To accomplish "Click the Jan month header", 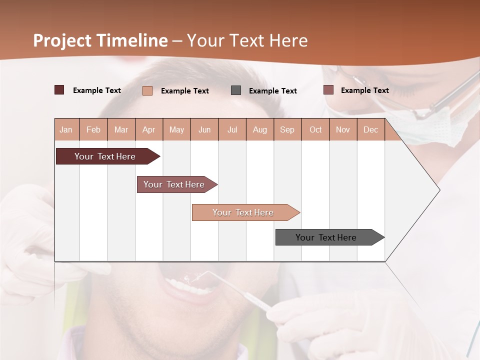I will [66, 129].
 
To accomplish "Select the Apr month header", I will [148, 129].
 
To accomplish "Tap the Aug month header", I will [259, 129].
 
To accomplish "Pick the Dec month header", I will [370, 129].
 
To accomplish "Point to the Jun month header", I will [204, 129].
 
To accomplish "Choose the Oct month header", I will [315, 129].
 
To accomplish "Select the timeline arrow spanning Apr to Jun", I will [175, 184].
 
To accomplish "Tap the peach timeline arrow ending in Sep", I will [244, 212].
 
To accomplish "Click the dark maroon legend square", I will [59, 90].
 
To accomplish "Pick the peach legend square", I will [147, 90].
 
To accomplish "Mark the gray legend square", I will [236, 90].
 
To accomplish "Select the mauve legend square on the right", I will [328, 90].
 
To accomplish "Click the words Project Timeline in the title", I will [100, 40].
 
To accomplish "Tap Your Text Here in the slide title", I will [247, 40].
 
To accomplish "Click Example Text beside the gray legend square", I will [272, 90].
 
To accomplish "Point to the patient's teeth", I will [187, 287].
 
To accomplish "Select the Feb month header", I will [93, 129].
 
